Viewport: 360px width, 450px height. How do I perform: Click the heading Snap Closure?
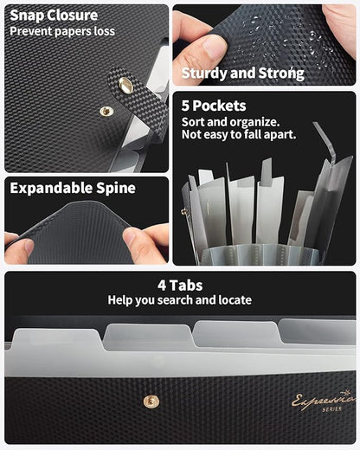pyautogui.click(x=54, y=16)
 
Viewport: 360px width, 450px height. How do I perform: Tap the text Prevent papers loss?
pyautogui.click(x=62, y=31)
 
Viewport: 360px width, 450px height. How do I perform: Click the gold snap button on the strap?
pyautogui.click(x=125, y=85)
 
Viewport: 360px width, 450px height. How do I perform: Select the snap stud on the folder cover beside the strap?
pyautogui.click(x=106, y=111)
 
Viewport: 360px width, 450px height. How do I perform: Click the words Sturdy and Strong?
pyautogui.click(x=243, y=74)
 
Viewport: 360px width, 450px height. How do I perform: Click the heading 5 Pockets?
pyautogui.click(x=214, y=106)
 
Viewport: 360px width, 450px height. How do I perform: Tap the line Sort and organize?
pyautogui.click(x=230, y=122)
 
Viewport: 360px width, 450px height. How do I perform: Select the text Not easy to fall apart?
pyautogui.click(x=239, y=134)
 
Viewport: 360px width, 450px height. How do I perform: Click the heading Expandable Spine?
pyautogui.click(x=73, y=188)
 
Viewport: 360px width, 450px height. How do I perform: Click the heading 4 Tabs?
pyautogui.click(x=180, y=286)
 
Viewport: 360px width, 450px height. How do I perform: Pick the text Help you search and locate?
pyautogui.click(x=180, y=300)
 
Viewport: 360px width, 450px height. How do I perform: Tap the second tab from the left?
pyautogui.click(x=148, y=335)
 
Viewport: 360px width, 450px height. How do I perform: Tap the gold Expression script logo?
pyautogui.click(x=324, y=400)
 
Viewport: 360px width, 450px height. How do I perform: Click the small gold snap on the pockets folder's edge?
pyautogui.click(x=183, y=213)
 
